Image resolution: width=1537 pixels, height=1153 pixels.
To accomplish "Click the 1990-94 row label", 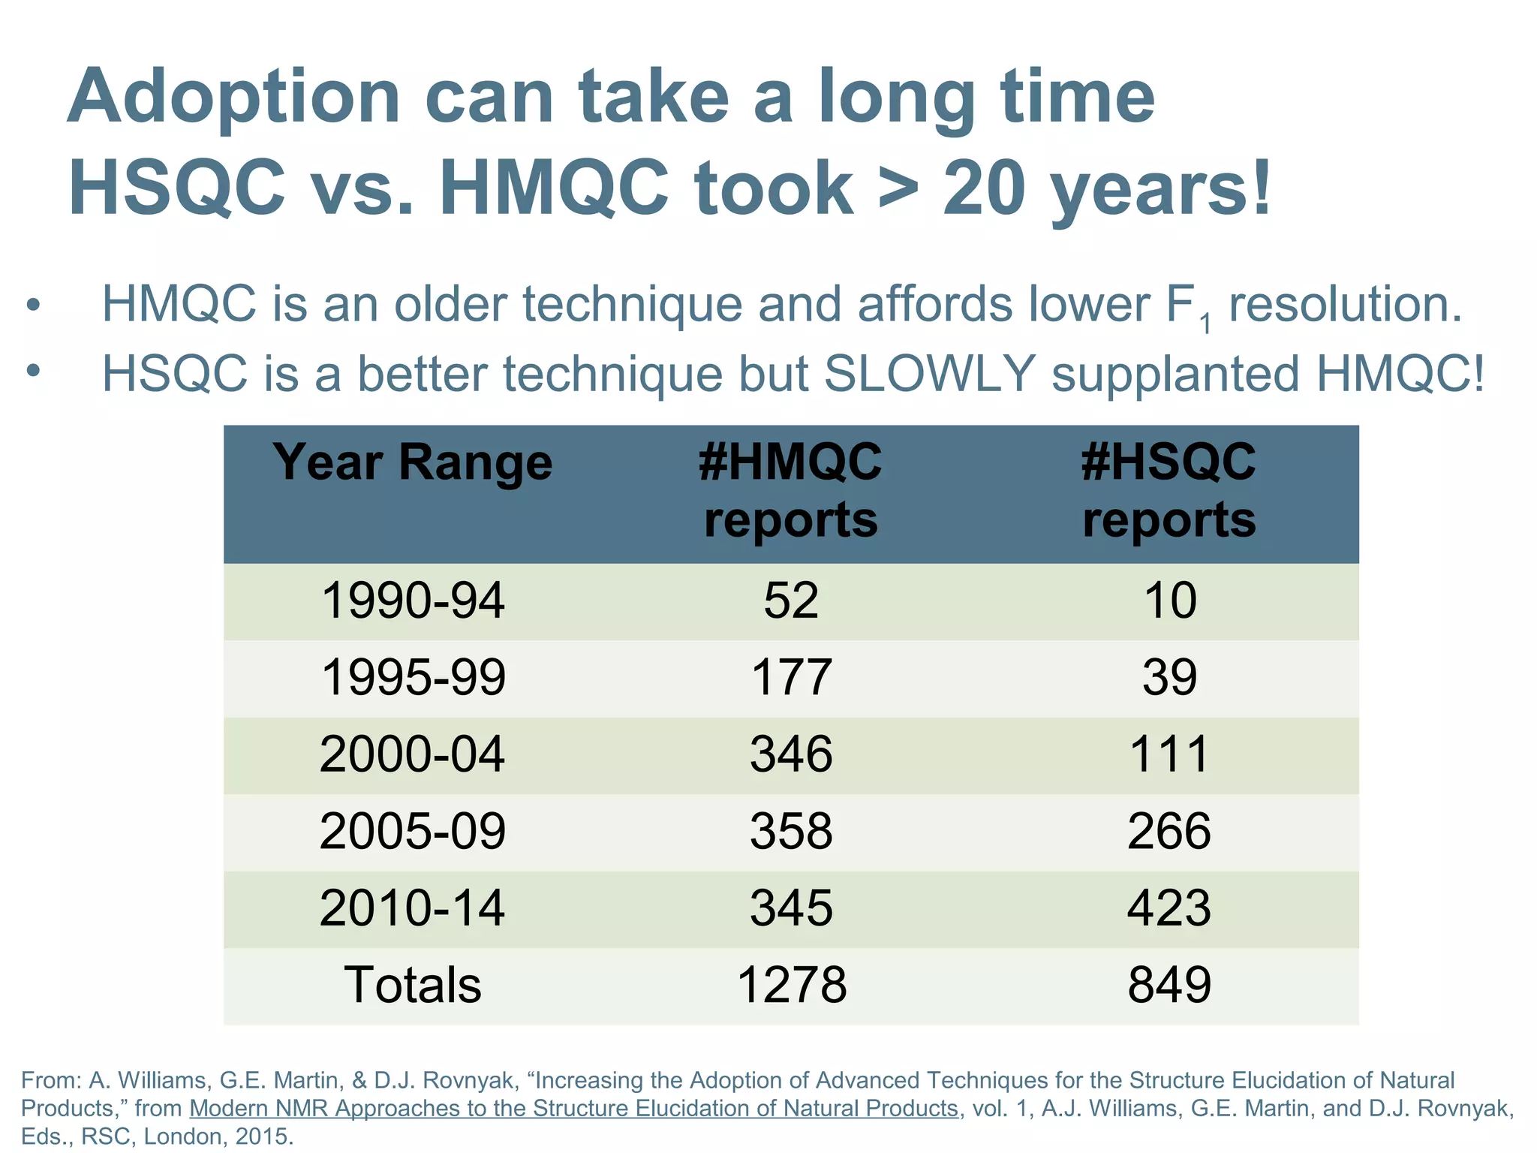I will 412,601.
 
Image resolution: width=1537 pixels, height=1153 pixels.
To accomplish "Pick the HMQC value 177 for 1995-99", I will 791,677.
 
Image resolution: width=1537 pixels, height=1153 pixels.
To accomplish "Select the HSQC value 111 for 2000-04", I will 1169,754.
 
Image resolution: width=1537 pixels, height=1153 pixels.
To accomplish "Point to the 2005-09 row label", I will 412,831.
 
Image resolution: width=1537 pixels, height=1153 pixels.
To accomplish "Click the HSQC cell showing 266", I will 1169,831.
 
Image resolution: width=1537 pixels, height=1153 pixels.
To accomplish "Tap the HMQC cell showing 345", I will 791,908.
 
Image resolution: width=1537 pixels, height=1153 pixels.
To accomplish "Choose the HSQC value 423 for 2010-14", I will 1169,908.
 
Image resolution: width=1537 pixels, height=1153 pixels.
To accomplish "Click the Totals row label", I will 412,985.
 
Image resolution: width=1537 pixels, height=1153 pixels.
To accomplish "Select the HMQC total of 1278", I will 791,985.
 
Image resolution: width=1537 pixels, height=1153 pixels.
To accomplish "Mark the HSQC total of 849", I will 1169,985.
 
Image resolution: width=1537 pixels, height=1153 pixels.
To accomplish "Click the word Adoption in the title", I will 233,98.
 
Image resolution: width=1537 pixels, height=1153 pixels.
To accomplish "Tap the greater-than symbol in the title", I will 898,188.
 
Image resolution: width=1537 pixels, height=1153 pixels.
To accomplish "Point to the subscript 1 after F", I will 1205,324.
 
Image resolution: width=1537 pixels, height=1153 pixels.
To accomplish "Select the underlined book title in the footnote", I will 574,1108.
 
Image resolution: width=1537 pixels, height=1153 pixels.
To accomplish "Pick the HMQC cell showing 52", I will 791,601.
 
